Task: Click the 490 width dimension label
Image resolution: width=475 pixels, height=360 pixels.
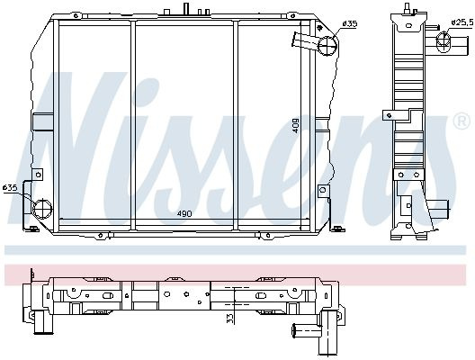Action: pyautogui.click(x=184, y=213)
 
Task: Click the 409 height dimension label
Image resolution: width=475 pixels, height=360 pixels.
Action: pyautogui.click(x=296, y=125)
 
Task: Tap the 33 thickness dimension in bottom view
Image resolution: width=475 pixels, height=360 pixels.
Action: pyautogui.click(x=230, y=319)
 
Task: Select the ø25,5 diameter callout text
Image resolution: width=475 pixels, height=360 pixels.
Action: pyautogui.click(x=462, y=22)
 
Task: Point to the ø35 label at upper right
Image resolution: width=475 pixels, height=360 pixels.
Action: pyautogui.click(x=350, y=23)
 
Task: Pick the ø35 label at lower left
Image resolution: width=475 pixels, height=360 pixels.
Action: pyautogui.click(x=10, y=187)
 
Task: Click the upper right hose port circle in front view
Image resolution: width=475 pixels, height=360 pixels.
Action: pyautogui.click(x=327, y=46)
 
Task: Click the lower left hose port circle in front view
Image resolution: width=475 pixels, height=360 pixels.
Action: pyautogui.click(x=42, y=209)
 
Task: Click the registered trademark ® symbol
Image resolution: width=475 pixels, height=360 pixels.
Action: pyautogui.click(x=462, y=121)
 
